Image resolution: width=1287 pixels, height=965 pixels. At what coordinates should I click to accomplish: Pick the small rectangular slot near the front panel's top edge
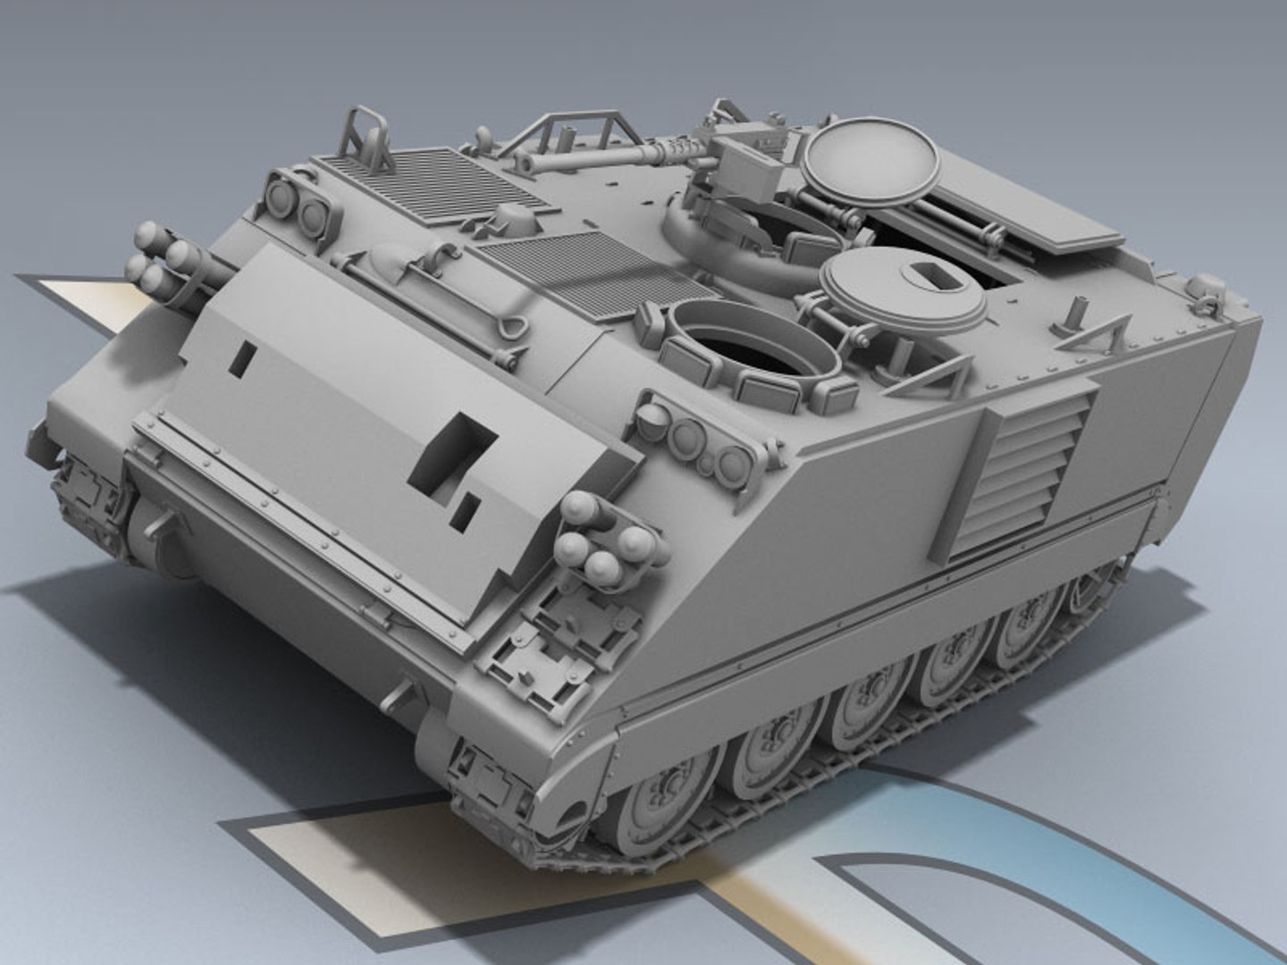click(241, 357)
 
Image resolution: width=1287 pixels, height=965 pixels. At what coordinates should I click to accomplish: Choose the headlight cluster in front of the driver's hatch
click(697, 442)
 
